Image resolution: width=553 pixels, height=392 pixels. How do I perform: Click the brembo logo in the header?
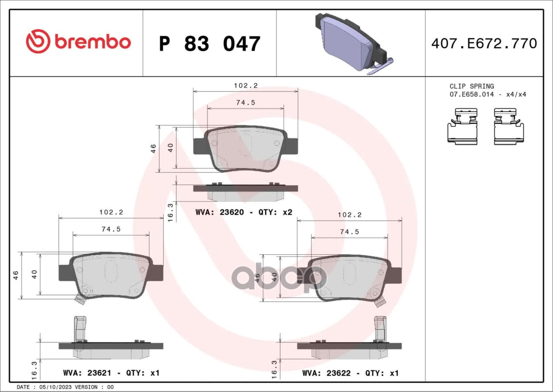78,42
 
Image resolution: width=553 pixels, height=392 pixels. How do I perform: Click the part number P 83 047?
210,44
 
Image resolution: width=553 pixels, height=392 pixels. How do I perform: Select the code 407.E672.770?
484,44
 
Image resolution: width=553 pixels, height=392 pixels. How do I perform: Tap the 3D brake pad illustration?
351,43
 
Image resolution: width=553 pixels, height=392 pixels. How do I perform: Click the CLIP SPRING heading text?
471,86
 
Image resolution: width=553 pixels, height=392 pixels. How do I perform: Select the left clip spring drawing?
462,126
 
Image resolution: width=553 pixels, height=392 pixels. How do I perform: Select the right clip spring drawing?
509,126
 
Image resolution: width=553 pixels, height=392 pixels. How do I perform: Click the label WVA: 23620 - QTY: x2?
244,212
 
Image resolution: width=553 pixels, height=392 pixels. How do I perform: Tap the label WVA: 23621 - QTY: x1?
111,373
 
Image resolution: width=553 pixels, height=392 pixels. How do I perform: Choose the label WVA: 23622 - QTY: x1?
350,373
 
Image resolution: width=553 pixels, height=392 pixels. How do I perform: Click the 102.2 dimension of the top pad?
245,86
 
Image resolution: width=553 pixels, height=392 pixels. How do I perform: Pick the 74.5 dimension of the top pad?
245,103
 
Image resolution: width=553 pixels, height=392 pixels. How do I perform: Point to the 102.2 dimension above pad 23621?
111,212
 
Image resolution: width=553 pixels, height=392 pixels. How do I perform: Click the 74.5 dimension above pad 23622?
350,232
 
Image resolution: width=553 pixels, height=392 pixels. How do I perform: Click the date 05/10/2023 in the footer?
55,387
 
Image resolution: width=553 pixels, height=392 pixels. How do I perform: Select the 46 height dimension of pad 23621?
16,275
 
